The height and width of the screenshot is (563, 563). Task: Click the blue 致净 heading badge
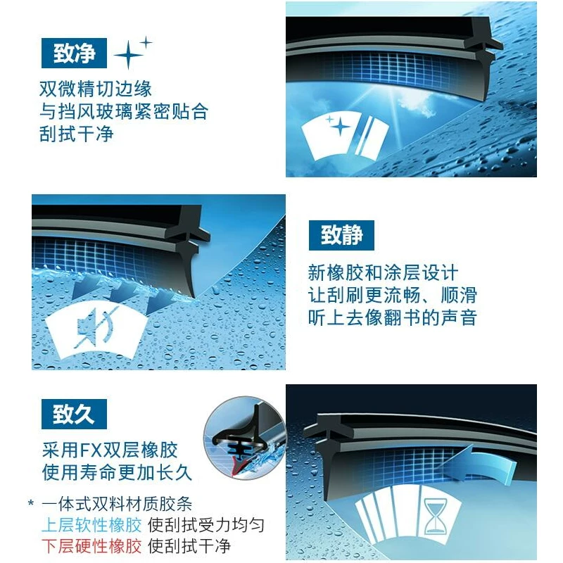[74, 53]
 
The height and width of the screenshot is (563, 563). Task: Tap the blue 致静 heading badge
[341, 235]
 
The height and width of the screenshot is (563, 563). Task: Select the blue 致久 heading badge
[74, 414]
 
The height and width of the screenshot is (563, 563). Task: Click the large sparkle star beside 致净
[128, 56]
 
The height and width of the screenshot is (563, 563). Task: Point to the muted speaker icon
[94, 328]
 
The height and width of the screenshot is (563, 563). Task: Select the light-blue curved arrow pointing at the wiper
[481, 464]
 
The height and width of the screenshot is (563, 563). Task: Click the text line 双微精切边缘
[96, 89]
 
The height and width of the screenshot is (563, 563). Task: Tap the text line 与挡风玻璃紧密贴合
[124, 111]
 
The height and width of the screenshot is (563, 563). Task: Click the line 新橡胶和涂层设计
[383, 273]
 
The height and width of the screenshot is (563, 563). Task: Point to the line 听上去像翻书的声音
[393, 318]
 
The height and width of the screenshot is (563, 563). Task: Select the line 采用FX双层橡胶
[110, 450]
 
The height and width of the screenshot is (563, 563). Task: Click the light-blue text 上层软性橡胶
[91, 525]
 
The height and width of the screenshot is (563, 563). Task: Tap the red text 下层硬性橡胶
[91, 546]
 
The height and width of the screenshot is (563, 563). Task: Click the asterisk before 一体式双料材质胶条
[31, 502]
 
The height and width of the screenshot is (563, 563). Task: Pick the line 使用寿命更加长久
[117, 472]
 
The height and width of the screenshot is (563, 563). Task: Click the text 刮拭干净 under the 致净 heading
[77, 134]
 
